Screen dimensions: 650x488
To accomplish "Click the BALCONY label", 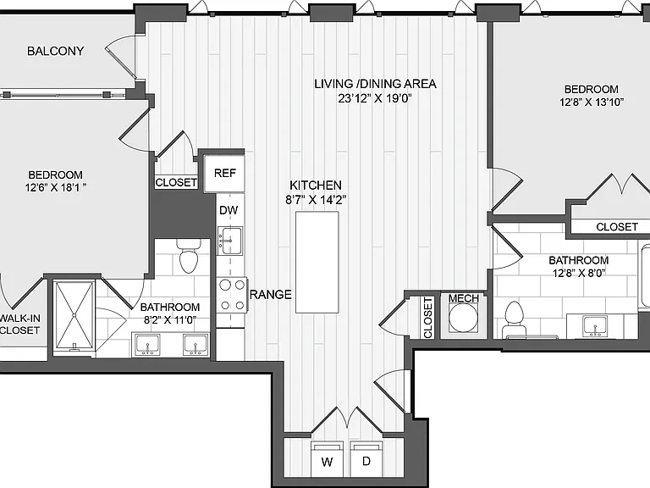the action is click(56, 51).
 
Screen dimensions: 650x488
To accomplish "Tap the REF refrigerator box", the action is click(224, 173).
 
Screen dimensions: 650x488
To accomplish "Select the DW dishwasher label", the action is click(229, 210).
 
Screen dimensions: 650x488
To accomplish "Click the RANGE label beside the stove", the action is click(271, 295).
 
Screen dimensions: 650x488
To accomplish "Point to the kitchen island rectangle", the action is click(317, 263).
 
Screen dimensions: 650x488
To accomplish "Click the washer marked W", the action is click(327, 459).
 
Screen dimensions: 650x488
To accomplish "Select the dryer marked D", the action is click(366, 459).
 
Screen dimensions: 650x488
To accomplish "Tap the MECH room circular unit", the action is click(464, 318).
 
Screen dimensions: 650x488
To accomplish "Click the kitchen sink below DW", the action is click(230, 241).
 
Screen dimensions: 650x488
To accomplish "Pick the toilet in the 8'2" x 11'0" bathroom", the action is click(189, 256).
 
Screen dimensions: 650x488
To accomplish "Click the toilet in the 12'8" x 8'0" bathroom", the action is click(514, 319).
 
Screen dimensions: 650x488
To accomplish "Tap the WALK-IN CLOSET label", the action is click(20, 324).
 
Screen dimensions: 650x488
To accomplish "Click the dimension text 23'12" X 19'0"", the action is click(375, 98).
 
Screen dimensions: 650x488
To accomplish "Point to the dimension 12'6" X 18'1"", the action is click(56, 187).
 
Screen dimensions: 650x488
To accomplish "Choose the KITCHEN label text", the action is click(316, 185).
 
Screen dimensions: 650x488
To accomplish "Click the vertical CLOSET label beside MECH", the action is click(427, 318).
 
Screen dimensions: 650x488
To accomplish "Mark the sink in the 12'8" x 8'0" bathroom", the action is click(595, 325).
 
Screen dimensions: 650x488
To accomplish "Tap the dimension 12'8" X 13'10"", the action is click(592, 102).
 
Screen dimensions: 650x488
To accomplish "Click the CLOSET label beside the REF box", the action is click(176, 182).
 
